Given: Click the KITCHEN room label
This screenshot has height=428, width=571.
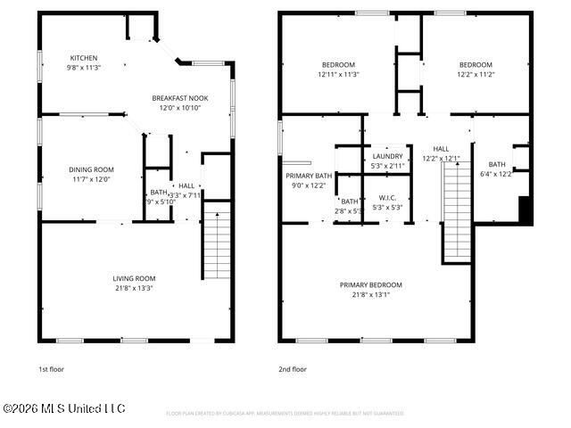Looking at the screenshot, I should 84,56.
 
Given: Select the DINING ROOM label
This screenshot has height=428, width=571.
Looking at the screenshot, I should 91,169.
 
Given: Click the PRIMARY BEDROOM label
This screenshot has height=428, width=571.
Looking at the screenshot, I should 370,284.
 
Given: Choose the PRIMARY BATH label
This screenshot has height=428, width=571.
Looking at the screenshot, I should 309,176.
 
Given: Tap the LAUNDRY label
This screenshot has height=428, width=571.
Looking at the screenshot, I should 387,156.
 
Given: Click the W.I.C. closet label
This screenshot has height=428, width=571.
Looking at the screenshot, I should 387,198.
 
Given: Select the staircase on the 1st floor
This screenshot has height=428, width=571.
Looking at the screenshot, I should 217,241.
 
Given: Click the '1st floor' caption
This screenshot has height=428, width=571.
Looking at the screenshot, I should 51,368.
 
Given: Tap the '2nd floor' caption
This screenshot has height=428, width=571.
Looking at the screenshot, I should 293,368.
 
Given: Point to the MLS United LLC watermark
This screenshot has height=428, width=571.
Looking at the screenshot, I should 64,408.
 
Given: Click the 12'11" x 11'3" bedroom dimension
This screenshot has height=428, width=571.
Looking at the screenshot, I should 338,75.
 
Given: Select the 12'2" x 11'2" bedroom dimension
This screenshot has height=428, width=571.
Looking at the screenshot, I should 476,75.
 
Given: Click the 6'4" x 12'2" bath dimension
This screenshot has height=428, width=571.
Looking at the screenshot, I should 497,174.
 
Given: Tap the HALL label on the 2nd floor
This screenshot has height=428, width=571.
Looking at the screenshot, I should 442,149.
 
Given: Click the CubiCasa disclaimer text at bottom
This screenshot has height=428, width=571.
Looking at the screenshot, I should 285,413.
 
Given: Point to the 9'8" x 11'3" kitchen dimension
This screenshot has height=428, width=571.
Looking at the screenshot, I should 84,67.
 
